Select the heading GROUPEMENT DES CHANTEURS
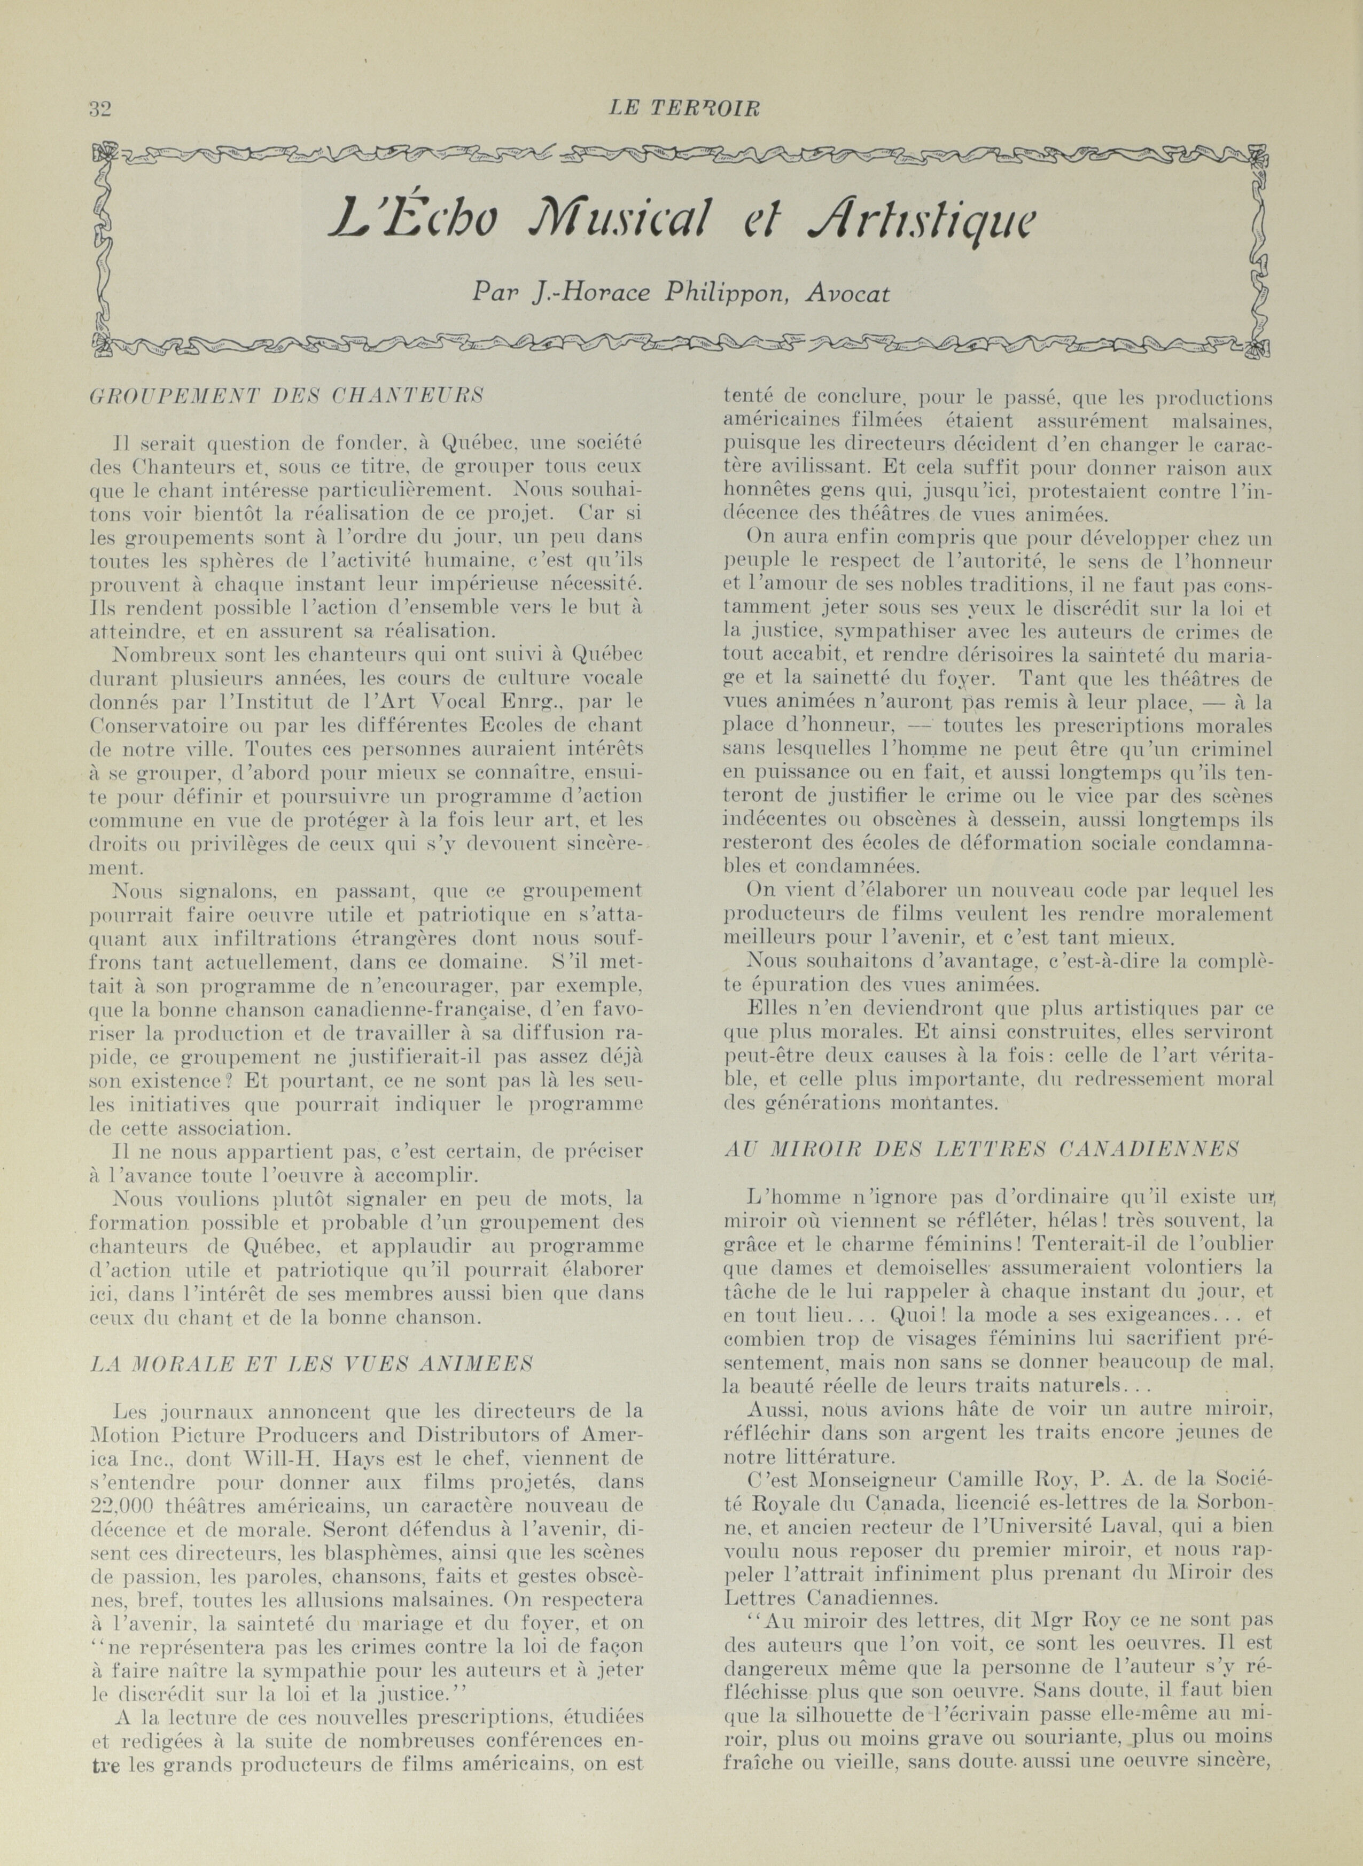[285, 395]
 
